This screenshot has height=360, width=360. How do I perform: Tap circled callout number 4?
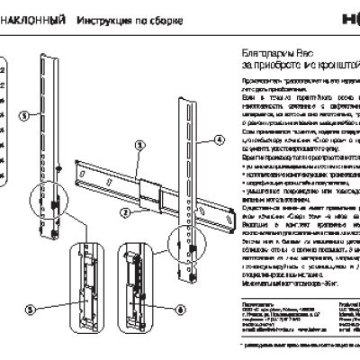[218, 140]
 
